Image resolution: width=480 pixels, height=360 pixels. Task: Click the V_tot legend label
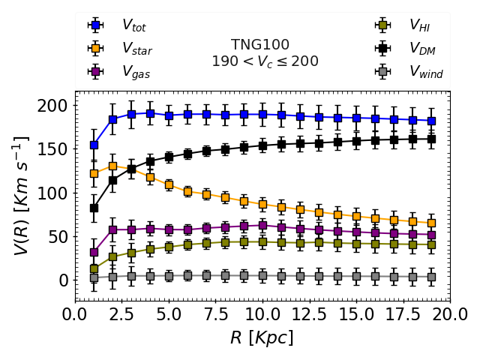[x=133, y=26]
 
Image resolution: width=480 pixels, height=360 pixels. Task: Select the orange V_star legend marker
[x=94, y=49]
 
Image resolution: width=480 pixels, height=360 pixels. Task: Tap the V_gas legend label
[x=135, y=72]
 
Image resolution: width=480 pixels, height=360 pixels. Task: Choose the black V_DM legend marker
[x=382, y=49]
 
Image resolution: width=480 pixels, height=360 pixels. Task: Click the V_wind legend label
[x=425, y=72]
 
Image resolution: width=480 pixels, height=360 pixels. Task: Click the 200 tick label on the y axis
[x=55, y=106]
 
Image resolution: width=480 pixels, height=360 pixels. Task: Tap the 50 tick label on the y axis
[x=60, y=237]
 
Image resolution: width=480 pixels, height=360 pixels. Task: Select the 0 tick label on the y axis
[x=64, y=280]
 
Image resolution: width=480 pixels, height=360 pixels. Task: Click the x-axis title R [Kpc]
[x=262, y=337]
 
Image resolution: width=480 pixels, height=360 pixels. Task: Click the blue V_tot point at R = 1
[x=94, y=145]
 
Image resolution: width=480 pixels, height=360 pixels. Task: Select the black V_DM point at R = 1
[x=94, y=208]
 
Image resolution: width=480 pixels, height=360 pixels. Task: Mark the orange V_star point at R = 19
[x=431, y=223]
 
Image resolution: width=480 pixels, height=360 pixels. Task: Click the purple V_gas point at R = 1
[x=94, y=253]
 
